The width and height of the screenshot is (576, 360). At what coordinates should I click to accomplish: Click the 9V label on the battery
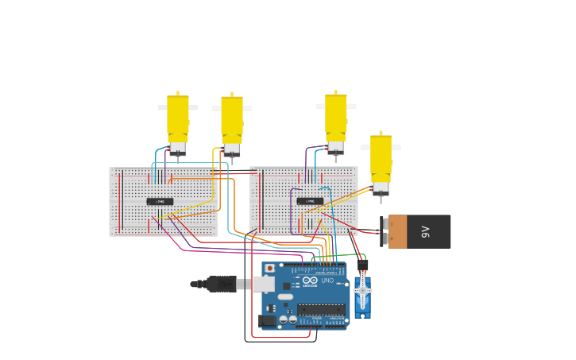[x=425, y=231]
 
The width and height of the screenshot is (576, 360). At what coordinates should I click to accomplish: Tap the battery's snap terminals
[x=385, y=231]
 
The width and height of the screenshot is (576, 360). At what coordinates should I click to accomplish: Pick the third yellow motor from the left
[x=336, y=122]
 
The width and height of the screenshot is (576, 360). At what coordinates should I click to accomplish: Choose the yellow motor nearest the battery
[x=381, y=162]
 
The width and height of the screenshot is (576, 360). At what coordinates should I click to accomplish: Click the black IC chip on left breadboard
[x=160, y=201]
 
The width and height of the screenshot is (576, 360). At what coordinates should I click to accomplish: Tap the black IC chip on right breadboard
[x=310, y=201]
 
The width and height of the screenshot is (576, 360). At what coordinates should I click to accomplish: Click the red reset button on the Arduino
[x=269, y=269]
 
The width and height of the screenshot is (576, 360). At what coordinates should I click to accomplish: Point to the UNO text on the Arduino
[x=327, y=281]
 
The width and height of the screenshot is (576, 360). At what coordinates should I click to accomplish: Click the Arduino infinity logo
[x=308, y=281]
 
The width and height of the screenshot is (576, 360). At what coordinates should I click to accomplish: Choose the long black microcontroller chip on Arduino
[x=321, y=309]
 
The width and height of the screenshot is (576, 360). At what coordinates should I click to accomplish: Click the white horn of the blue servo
[x=362, y=291]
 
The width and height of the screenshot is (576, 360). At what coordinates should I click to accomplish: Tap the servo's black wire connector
[x=362, y=265]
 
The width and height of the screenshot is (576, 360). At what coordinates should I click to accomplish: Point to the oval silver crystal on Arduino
[x=284, y=296]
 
